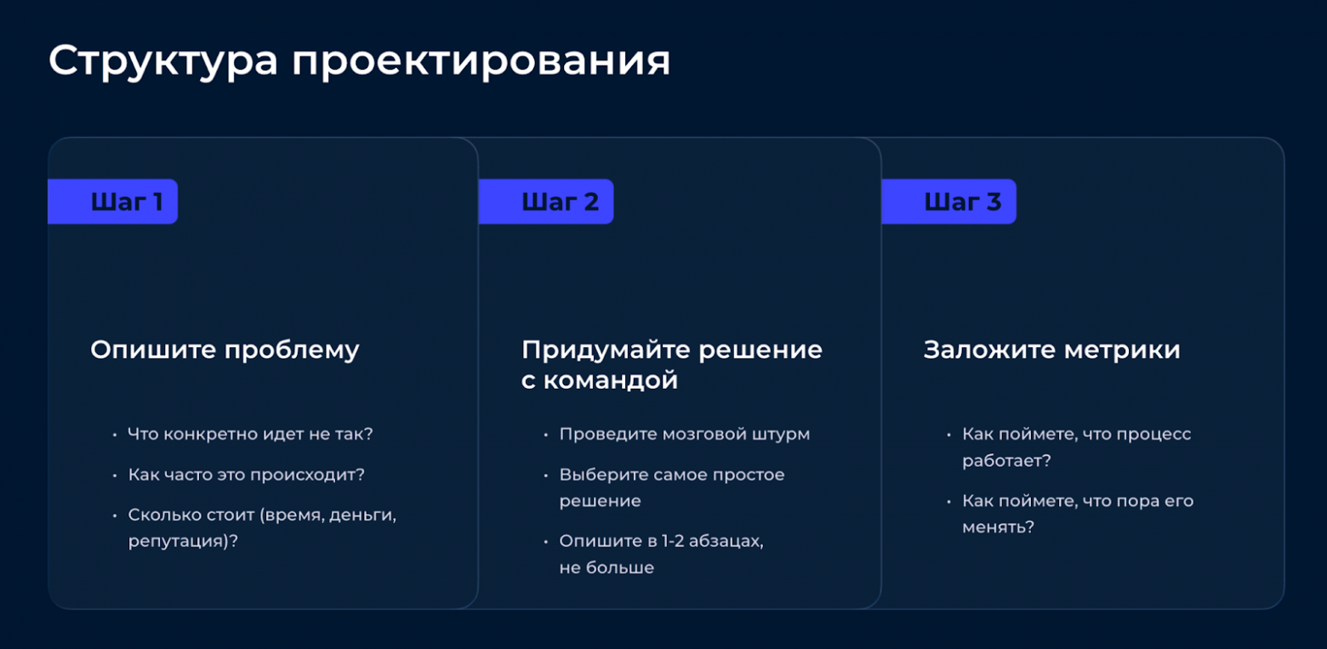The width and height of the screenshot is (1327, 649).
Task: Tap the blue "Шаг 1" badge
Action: point(113,202)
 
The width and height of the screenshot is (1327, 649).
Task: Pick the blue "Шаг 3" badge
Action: point(948,202)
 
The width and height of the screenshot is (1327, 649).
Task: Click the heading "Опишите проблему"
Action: point(225,350)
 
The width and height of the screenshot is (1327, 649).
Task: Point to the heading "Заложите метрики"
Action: point(1051,350)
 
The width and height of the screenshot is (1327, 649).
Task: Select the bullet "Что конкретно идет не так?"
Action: point(250,434)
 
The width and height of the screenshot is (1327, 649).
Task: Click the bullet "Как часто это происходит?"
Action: point(246,475)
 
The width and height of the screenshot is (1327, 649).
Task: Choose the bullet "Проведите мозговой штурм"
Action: point(684,434)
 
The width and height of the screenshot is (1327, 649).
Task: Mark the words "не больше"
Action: point(607,567)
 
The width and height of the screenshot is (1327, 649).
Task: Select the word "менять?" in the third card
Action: point(998,527)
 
